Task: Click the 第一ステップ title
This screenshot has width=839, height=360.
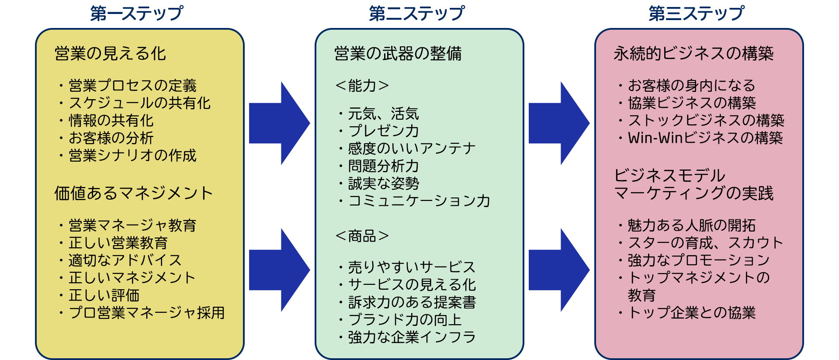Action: coord(136,13)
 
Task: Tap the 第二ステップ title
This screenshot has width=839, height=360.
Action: coord(416,13)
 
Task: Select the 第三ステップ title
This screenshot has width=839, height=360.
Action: coord(696,13)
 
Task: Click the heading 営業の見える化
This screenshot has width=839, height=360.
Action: coord(110,54)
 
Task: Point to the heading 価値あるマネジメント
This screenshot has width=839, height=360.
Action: coord(133,193)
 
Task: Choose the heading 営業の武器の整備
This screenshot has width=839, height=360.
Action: coord(398,54)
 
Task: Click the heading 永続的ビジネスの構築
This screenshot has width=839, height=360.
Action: coord(693,54)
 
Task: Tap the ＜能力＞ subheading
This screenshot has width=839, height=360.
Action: coord(362,86)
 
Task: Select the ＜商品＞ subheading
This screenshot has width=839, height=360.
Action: coord(362,236)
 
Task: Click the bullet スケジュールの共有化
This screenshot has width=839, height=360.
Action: coord(139,103)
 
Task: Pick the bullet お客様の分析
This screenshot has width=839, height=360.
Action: coord(111,138)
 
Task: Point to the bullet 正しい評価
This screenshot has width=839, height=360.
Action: coord(104,295)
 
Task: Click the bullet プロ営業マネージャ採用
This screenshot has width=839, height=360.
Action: coord(146,313)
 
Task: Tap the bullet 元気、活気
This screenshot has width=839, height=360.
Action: coord(383,114)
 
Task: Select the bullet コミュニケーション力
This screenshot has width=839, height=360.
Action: coord(419,201)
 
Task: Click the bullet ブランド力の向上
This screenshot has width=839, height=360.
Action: coord(405,320)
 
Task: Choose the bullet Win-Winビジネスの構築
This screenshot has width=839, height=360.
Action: coord(705,138)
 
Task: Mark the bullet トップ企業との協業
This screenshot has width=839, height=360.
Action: coord(692,313)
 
